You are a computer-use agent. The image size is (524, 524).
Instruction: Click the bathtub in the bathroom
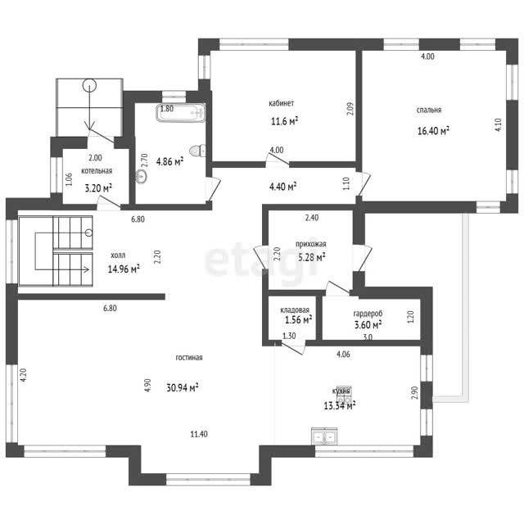(x=181, y=113)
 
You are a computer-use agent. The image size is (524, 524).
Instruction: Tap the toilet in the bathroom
(x=197, y=151)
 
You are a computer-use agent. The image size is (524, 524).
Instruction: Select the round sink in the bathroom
(x=142, y=176)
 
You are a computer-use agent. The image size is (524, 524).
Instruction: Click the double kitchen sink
(x=324, y=436)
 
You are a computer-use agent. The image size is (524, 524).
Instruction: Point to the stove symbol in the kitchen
(x=344, y=395)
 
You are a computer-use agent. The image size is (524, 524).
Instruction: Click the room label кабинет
(x=282, y=103)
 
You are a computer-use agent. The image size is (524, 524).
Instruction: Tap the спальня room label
(x=429, y=110)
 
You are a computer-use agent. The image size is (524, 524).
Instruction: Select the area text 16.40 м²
(x=433, y=130)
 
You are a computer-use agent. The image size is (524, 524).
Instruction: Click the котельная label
(x=97, y=171)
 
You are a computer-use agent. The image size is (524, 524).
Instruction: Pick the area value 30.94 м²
(x=183, y=387)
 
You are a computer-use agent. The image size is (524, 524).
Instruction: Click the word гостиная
(x=189, y=358)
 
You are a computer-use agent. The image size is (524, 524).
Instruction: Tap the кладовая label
(x=295, y=310)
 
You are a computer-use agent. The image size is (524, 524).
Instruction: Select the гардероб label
(x=368, y=314)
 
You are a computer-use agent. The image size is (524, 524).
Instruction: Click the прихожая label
(x=311, y=244)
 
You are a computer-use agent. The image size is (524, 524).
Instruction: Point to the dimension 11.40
(x=199, y=434)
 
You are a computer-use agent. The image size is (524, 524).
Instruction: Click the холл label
(x=118, y=255)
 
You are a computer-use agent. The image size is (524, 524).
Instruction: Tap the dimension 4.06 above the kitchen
(x=343, y=355)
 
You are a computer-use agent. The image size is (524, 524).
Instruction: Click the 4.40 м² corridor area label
(x=283, y=186)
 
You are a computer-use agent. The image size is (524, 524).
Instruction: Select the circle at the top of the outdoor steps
(x=89, y=85)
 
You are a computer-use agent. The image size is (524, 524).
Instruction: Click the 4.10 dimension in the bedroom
(x=498, y=125)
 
